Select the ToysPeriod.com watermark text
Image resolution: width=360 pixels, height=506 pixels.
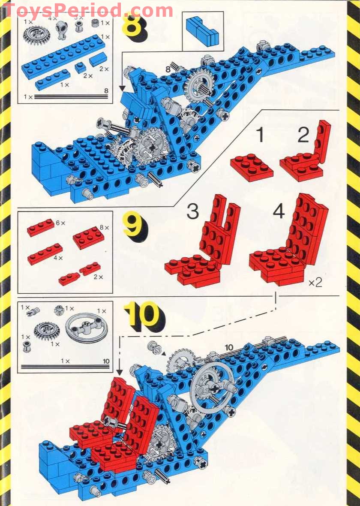[88, 11]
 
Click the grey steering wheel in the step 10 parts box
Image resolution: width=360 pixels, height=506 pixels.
[87, 328]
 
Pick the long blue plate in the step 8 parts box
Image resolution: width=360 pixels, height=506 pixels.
[63, 57]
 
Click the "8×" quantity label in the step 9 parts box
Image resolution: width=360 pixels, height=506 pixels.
[104, 228]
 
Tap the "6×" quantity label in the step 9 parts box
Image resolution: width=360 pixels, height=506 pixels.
[61, 223]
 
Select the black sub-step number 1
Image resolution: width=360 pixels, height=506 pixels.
[260, 135]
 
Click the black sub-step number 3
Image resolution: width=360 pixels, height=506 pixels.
[192, 212]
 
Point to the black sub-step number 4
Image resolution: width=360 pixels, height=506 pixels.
[279, 211]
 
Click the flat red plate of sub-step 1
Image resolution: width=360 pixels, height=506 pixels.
[251, 167]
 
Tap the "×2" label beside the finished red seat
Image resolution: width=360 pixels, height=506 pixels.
[315, 283]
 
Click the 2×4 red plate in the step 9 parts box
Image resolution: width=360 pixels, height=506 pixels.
[88, 238]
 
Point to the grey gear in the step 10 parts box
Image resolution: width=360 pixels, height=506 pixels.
[47, 331]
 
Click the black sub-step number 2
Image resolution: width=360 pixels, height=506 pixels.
[303, 135]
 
